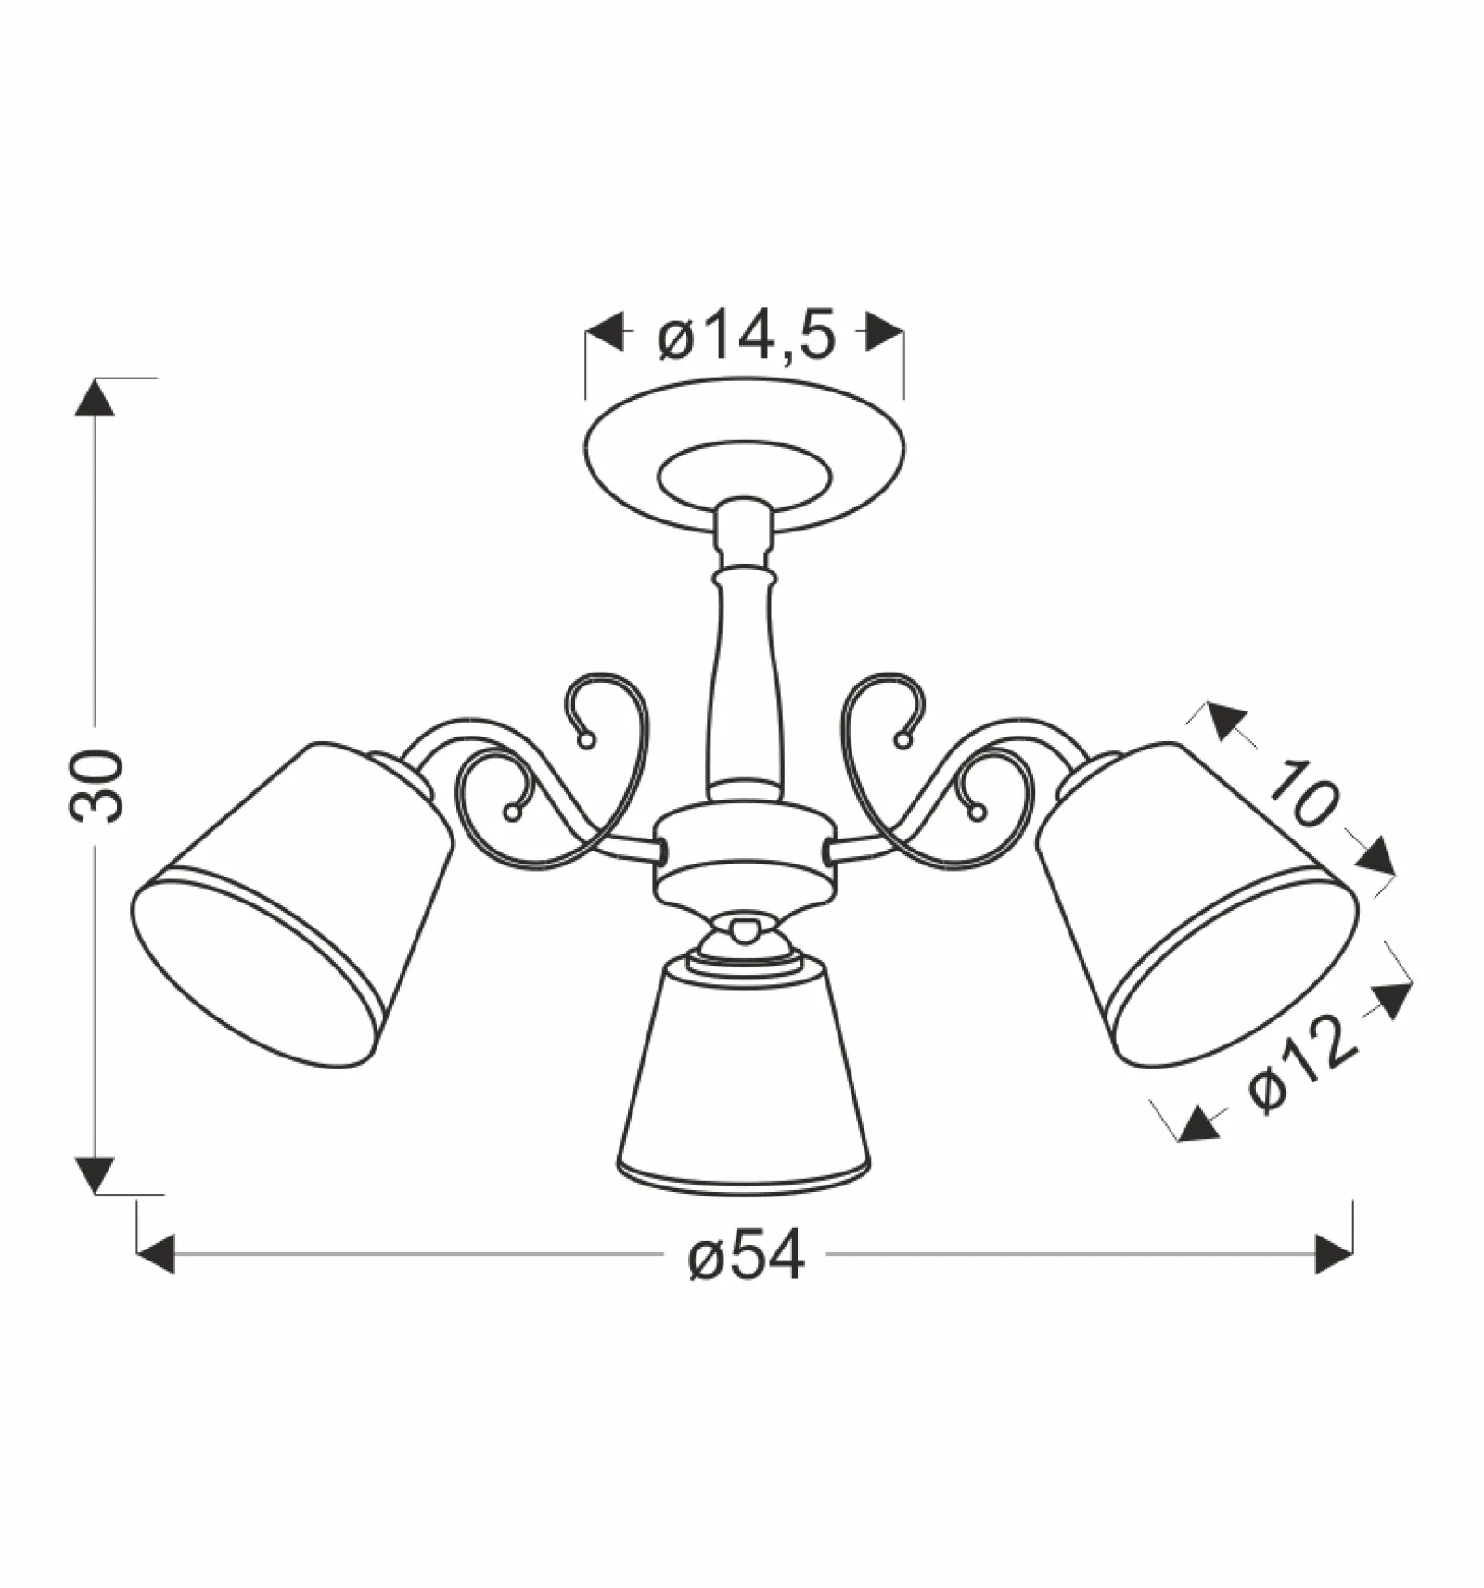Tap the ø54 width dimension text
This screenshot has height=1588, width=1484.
click(x=747, y=1258)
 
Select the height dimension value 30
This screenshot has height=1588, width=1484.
click(x=96, y=786)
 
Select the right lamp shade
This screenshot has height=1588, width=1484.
click(x=1197, y=904)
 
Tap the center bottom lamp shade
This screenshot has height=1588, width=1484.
click(x=744, y=1076)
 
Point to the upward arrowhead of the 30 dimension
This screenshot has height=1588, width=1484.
click(x=95, y=397)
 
